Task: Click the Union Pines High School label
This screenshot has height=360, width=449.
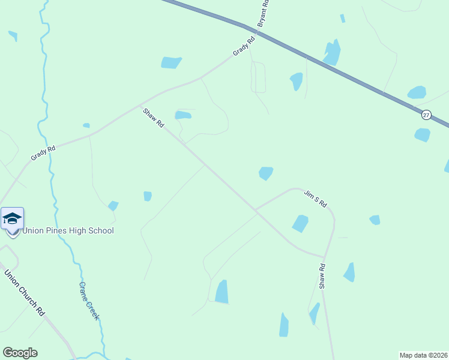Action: point(68,230)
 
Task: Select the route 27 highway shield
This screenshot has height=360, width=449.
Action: point(426,115)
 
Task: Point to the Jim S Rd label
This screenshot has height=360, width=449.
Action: point(315,198)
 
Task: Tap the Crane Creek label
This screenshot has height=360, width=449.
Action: point(89,301)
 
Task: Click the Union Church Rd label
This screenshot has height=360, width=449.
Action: point(25,293)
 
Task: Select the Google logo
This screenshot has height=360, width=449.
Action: point(20,353)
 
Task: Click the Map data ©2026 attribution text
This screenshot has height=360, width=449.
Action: point(424,355)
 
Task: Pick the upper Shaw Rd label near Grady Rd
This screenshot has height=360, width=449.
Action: point(153,118)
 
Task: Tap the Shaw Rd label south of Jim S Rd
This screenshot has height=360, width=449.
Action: point(322,276)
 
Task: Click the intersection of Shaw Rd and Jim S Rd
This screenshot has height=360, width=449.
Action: point(256,210)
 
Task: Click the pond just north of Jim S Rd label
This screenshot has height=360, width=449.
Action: point(265,173)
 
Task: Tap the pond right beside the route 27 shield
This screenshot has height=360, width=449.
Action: point(422,134)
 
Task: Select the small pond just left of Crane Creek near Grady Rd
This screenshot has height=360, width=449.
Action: point(86,125)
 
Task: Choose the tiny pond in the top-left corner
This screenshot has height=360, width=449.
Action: point(13,35)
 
